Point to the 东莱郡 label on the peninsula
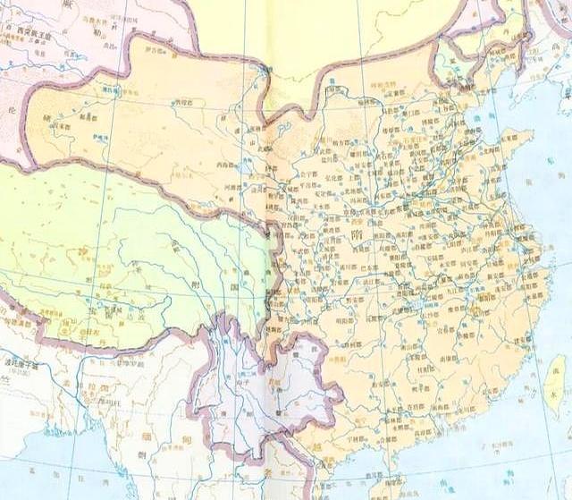513,139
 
